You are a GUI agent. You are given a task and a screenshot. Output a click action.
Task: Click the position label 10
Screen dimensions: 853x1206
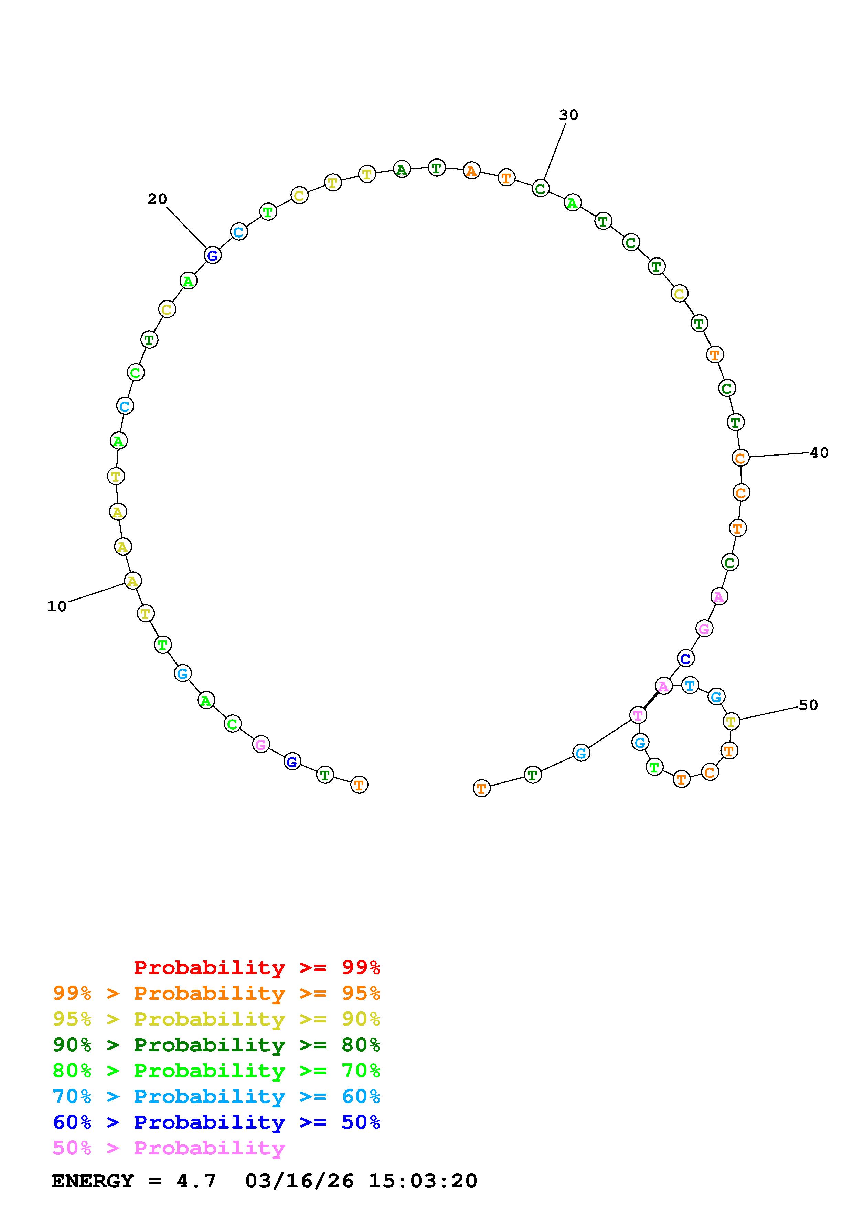tap(57, 606)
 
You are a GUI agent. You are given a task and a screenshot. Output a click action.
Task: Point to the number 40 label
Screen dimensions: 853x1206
tap(819, 452)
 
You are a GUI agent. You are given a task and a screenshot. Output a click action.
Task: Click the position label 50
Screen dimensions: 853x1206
tap(808, 705)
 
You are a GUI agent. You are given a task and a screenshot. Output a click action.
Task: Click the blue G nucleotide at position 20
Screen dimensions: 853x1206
tap(212, 256)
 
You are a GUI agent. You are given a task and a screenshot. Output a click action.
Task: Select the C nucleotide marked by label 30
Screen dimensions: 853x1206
tap(540, 188)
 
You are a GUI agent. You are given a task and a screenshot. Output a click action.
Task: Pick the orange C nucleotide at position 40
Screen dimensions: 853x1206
tap(740, 458)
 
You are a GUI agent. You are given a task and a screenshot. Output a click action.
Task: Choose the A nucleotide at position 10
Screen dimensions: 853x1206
tap(133, 581)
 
